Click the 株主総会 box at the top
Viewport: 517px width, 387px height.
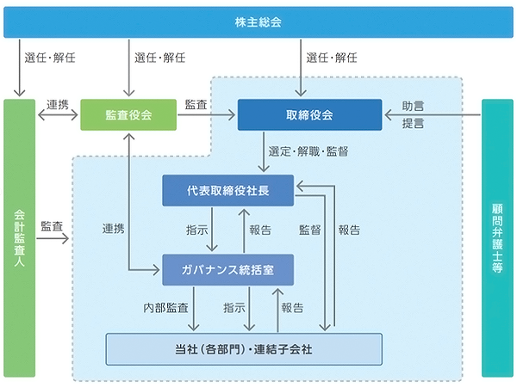pos(258,21)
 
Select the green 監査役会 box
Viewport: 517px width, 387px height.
pos(128,115)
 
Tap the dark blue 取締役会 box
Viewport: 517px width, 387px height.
pos(309,115)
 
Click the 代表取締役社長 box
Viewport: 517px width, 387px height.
pos(228,190)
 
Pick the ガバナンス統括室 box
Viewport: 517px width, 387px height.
pos(228,270)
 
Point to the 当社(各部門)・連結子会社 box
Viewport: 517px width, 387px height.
pos(243,348)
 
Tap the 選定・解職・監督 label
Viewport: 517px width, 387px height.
pos(308,151)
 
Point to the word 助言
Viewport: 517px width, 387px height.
pos(413,106)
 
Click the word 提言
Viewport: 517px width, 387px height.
pos(413,123)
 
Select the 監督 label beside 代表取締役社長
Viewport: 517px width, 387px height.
pos(310,230)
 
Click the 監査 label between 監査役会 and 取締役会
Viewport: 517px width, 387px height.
pos(196,104)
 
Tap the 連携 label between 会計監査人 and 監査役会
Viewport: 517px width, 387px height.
pos(58,104)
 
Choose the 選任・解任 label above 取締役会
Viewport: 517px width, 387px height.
pos(331,58)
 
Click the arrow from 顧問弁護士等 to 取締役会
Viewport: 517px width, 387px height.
pos(431,114)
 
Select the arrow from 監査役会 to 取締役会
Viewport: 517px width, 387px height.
pos(207,115)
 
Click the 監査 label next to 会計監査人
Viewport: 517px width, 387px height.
pos(51,226)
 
